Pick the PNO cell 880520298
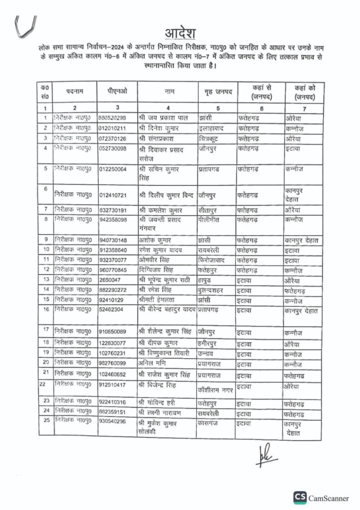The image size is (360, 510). point(113,118)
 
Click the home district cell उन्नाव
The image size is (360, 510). point(208,352)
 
